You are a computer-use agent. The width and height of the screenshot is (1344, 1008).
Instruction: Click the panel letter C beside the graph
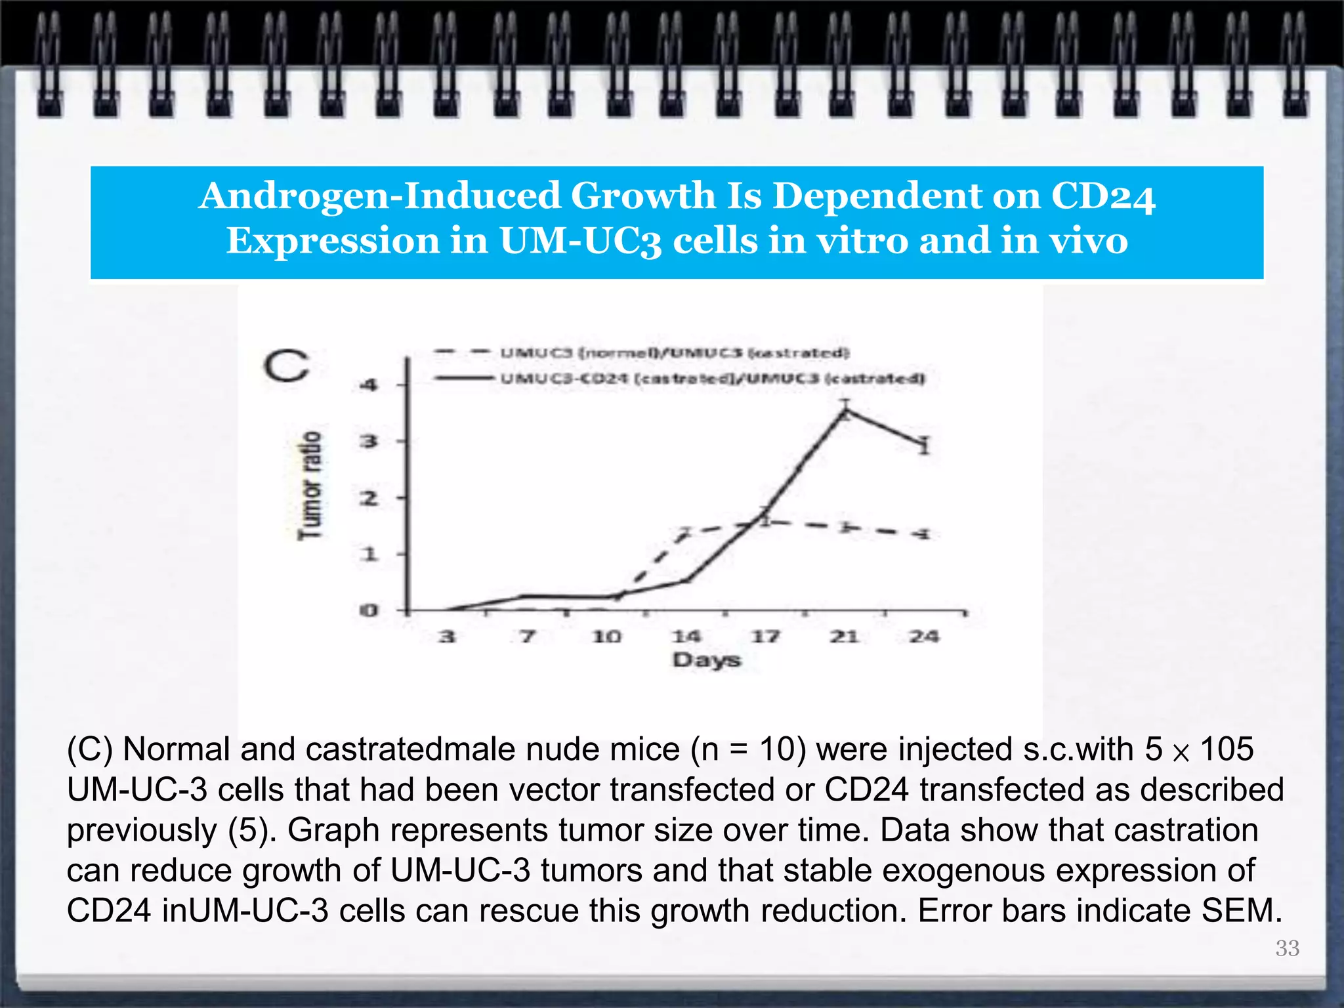point(286,366)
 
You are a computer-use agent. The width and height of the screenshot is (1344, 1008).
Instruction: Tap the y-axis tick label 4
point(369,385)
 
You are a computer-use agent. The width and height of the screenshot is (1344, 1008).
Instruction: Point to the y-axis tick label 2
point(369,499)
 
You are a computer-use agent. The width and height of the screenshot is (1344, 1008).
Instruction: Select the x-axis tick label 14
point(686,636)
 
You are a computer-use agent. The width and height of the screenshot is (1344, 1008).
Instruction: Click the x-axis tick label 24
point(923,636)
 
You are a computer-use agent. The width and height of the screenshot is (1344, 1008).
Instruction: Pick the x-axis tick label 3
point(447,636)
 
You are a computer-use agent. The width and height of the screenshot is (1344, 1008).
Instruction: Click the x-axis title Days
point(706,660)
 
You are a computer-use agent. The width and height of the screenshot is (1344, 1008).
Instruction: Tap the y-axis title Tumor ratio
point(310,485)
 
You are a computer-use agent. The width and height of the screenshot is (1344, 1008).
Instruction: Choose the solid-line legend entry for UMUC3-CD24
point(712,379)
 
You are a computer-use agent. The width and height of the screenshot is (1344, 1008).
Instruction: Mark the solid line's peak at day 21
point(846,411)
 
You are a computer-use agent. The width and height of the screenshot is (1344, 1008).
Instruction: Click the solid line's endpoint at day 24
point(924,446)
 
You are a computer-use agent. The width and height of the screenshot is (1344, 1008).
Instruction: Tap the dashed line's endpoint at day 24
point(923,534)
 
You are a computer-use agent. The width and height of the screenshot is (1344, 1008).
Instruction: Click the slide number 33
point(1287,948)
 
